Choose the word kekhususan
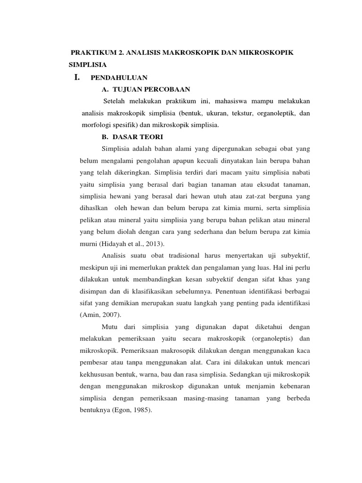(101, 375)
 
